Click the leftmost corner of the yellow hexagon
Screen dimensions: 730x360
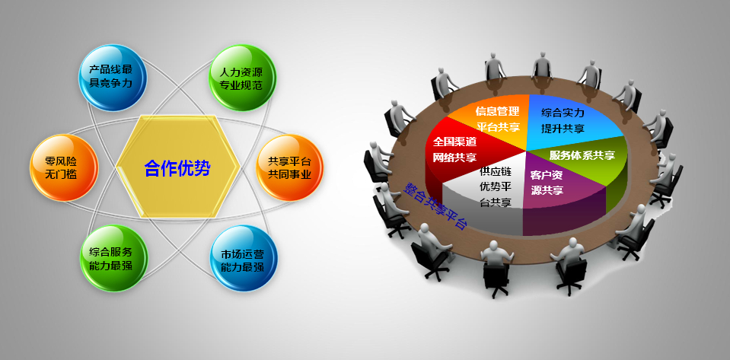[116, 166]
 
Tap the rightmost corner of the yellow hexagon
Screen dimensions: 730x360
[241, 166]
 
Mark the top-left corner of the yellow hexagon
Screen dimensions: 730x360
[140, 115]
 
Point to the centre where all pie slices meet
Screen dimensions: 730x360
[526, 151]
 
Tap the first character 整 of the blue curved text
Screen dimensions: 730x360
[410, 188]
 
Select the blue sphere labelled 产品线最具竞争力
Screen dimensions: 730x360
[112, 78]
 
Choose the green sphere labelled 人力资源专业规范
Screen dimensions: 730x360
[242, 78]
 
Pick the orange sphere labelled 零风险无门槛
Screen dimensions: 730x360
[64, 167]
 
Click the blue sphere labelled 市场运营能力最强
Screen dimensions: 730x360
[244, 259]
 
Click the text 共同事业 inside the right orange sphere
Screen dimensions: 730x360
[289, 174]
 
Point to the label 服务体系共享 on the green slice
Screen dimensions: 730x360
[582, 155]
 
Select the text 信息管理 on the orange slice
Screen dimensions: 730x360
[497, 111]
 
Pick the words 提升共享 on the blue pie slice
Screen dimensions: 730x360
[563, 129]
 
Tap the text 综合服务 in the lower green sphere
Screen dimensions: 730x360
[111, 253]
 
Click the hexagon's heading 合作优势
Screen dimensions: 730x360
[177, 168]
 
